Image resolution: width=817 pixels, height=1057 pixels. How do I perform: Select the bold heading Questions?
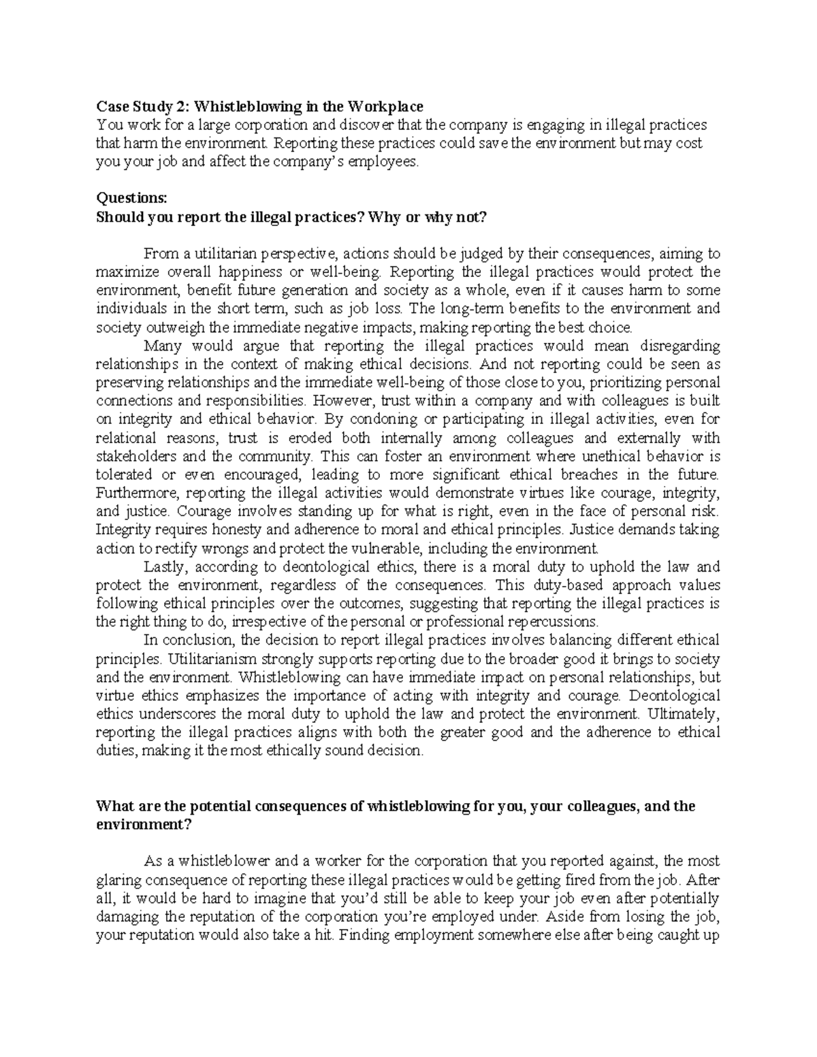127,198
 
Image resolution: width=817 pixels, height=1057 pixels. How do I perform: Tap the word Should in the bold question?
117,217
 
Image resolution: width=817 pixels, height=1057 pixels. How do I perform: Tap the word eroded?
303,438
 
